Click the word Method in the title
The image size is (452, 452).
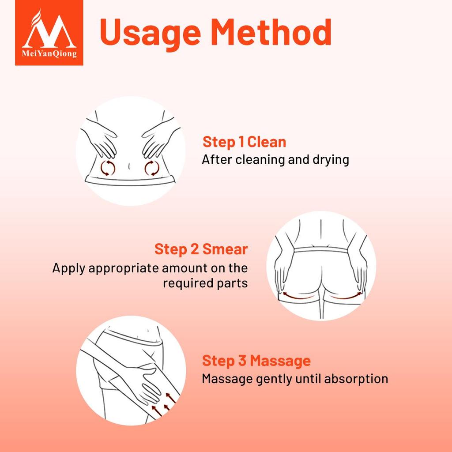[x=271, y=32]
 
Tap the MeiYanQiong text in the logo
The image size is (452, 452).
[x=49, y=53]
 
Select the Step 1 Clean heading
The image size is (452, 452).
[x=245, y=142]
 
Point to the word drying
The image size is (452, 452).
[x=331, y=160]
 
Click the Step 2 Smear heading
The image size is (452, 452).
[x=201, y=249]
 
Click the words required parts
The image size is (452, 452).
[x=205, y=283]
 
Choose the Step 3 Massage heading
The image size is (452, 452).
[x=256, y=361]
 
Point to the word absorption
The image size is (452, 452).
[x=356, y=379]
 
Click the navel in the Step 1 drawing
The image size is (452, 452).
[x=129, y=166]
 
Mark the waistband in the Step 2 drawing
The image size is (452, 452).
[x=321, y=250]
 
